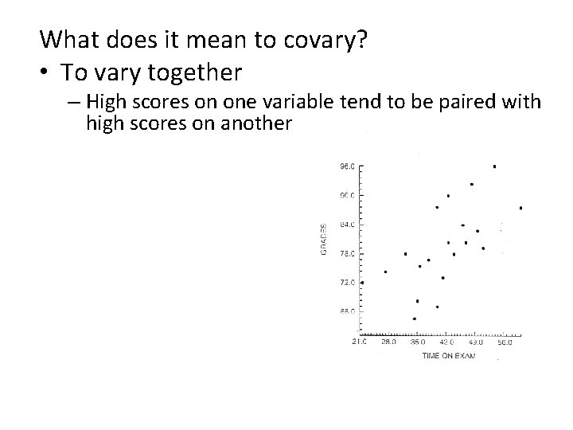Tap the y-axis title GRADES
pos(324,239)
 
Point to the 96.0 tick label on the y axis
pos(347,166)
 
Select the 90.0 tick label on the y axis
pos(347,195)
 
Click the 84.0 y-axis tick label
pos(347,225)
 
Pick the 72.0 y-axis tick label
pos(347,283)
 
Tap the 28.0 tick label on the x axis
pos(388,342)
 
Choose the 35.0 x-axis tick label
pos(417,342)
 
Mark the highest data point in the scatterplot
pos(495,166)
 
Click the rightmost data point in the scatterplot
pos(520,208)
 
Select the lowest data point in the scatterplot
pos(415,319)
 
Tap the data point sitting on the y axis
pos(362,282)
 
